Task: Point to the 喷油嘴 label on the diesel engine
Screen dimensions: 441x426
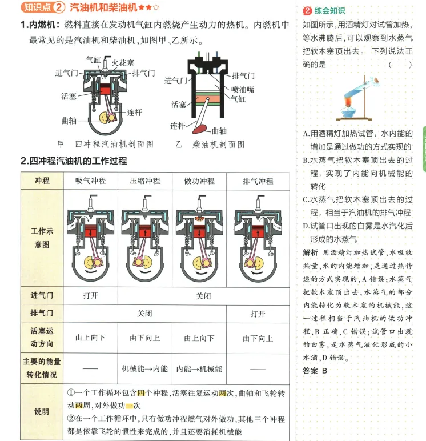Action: [243, 89]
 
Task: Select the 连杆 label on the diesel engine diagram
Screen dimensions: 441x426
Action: [178, 125]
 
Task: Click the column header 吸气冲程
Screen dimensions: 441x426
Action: [91, 181]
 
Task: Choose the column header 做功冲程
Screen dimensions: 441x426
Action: [199, 181]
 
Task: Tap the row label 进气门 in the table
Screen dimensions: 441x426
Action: [42, 295]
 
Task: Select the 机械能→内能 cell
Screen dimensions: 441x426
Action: [145, 369]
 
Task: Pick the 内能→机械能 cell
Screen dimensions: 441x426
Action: [199, 369]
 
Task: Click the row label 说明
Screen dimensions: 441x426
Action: [42, 412]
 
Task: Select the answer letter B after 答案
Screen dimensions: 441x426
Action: [324, 371]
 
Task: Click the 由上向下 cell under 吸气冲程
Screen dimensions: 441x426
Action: [91, 338]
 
